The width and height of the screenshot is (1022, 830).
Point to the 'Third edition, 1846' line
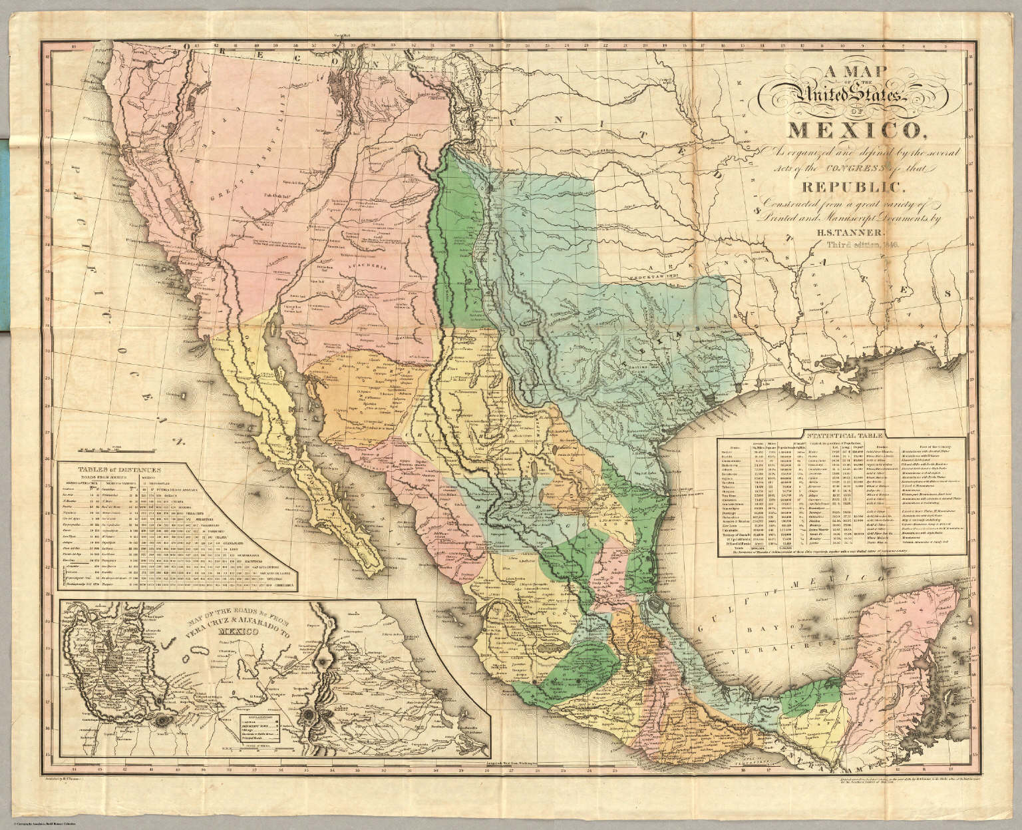[863, 245]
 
